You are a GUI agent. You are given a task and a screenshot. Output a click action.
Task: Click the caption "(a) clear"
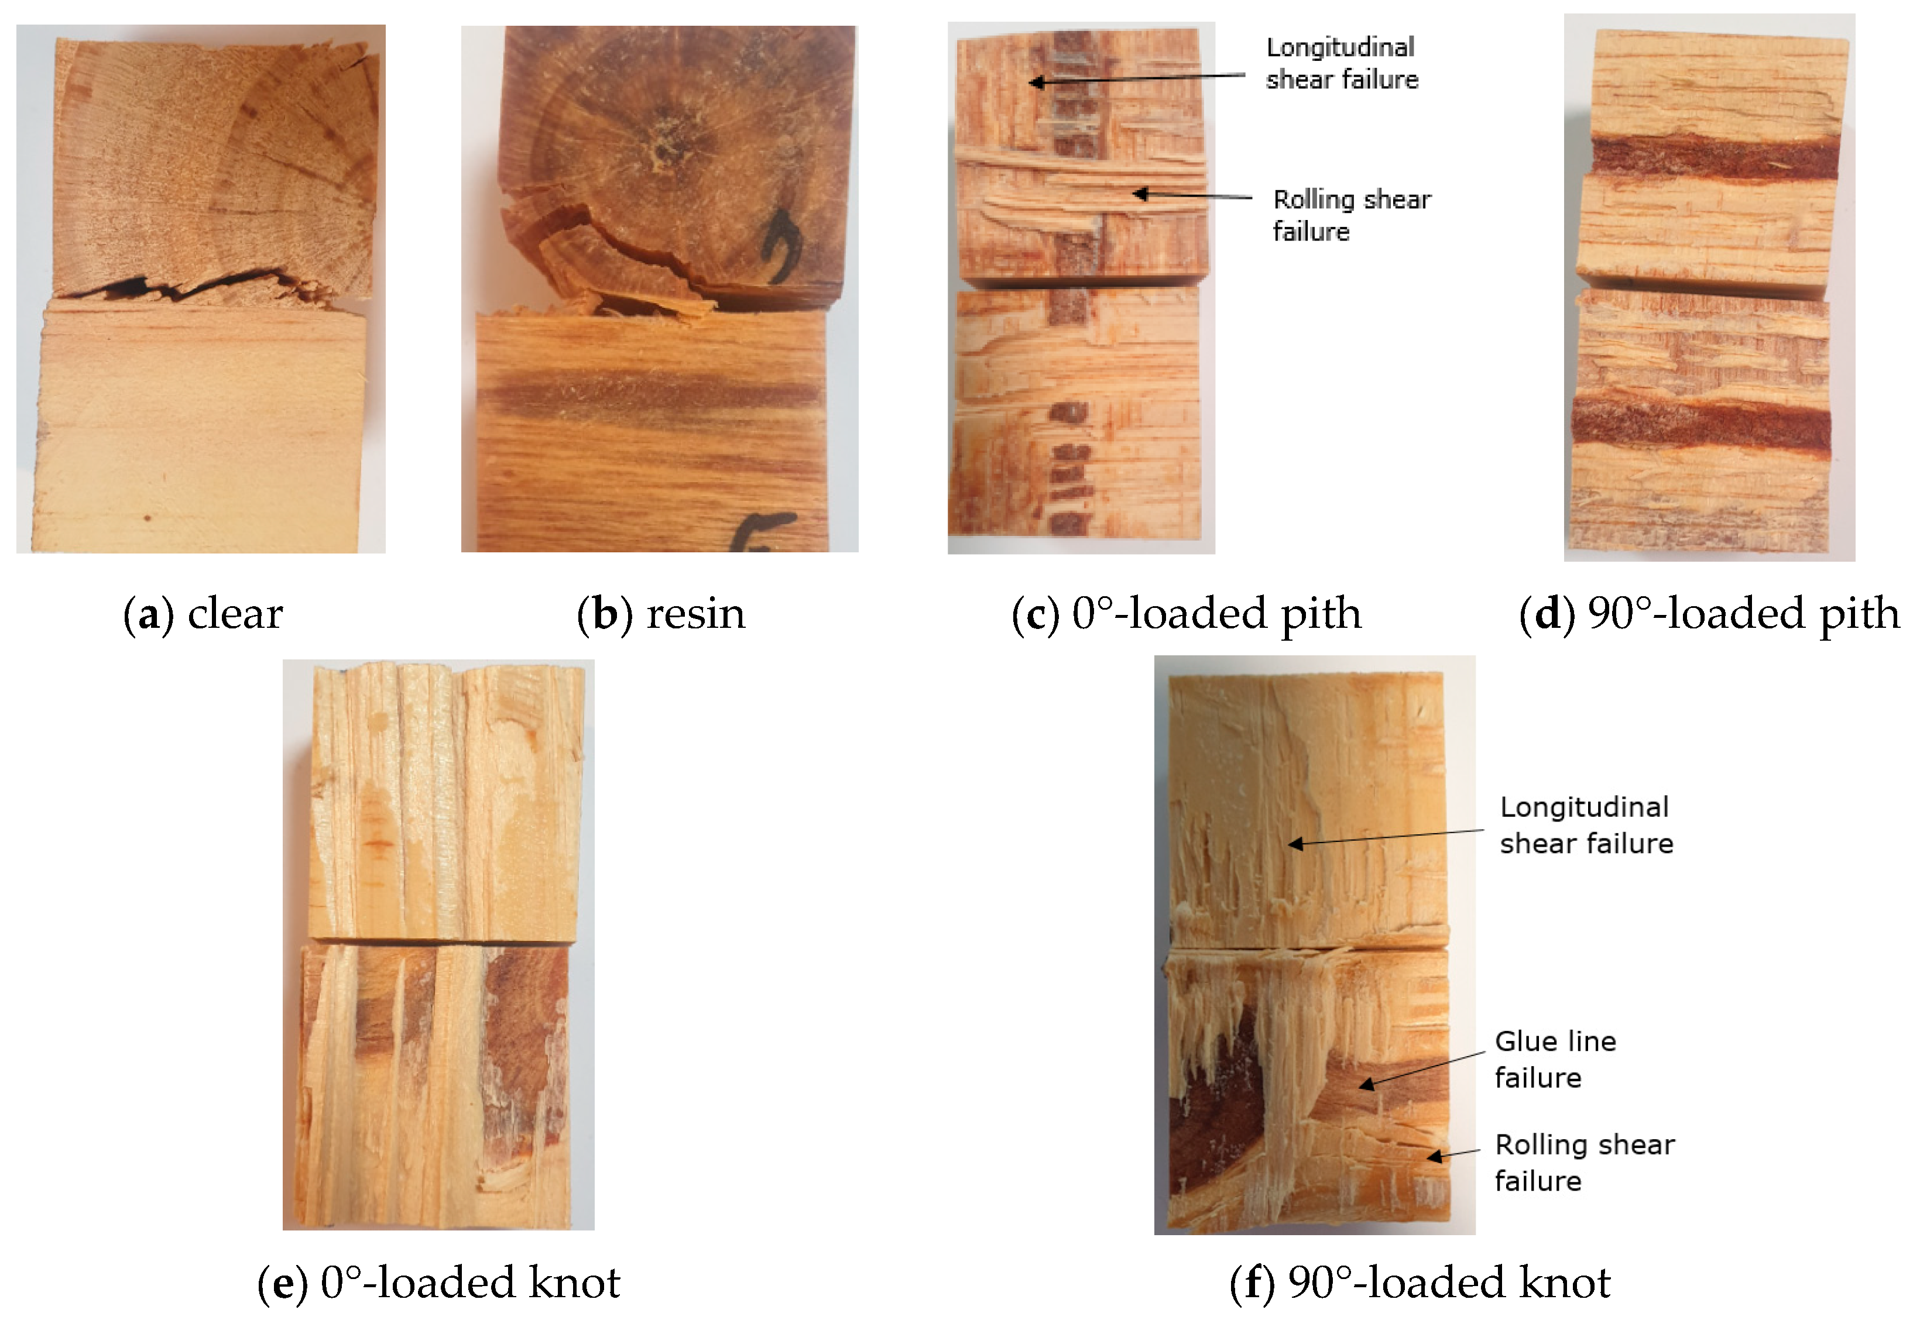[x=203, y=614]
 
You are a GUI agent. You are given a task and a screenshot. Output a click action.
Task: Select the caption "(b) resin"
[x=661, y=614]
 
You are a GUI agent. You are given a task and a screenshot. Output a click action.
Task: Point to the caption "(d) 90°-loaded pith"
[x=1710, y=614]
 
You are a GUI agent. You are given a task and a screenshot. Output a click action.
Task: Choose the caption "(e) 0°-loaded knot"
[x=438, y=1283]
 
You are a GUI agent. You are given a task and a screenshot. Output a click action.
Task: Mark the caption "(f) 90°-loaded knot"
[x=1420, y=1283]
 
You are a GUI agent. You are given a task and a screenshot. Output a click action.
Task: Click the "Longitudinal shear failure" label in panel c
[x=1342, y=63]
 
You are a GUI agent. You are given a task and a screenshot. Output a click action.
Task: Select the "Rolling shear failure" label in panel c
[x=1352, y=215]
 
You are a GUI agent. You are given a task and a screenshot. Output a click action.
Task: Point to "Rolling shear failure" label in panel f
[x=1584, y=1163]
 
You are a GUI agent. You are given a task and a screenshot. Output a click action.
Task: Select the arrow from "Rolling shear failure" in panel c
[x=1192, y=195]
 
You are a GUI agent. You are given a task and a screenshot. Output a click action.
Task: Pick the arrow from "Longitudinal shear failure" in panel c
[x=1137, y=78]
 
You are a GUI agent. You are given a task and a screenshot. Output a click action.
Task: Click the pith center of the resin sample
[x=663, y=149]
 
